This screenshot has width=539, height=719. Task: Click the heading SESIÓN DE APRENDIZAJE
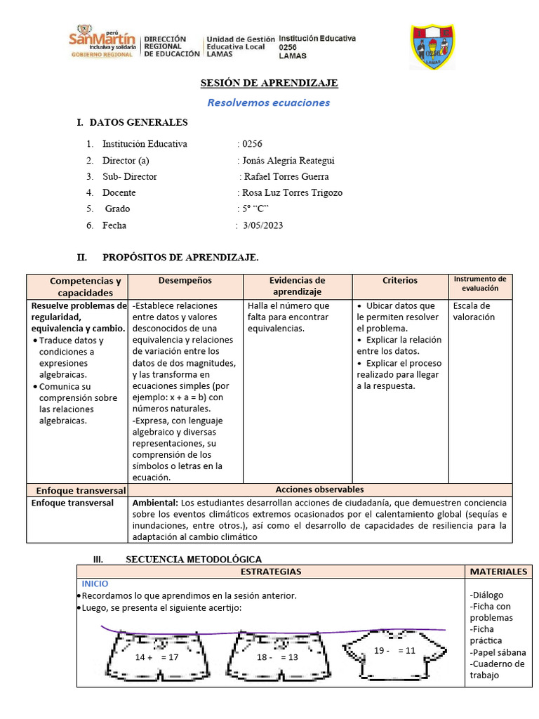[269, 83]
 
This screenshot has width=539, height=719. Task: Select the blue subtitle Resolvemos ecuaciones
[269, 103]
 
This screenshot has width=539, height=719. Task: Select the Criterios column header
[400, 280]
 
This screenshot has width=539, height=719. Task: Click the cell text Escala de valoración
[474, 311]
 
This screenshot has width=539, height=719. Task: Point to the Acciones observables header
[319, 489]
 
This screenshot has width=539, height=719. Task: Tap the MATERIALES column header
[498, 572]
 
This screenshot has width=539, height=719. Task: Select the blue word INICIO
[95, 583]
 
